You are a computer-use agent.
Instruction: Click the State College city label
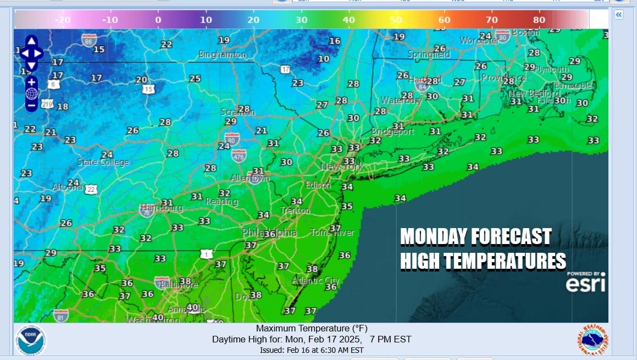pos(103,162)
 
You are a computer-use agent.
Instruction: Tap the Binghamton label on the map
pos(223,54)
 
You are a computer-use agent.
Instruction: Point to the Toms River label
pos(332,232)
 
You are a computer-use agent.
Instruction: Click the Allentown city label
pos(251,179)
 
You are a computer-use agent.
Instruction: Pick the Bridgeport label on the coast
pos(393,132)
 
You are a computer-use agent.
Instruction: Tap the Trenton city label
pos(296,211)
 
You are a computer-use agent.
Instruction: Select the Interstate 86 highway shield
pos(88,39)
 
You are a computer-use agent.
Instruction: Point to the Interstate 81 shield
pos(61,315)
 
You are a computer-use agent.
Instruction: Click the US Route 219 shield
pos(47,103)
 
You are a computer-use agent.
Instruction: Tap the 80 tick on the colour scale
pos(539,20)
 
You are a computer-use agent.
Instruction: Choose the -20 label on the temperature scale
pos(63,20)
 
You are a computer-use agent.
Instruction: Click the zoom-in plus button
pos(31,82)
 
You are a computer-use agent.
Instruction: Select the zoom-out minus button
pos(31,104)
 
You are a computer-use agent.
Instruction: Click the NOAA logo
pos(31,339)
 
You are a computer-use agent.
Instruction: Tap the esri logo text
pos(586,284)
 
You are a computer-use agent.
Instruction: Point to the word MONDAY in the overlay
pos(435,237)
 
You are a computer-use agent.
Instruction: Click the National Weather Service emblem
pos(592,340)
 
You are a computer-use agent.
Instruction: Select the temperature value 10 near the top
pos(324,59)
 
